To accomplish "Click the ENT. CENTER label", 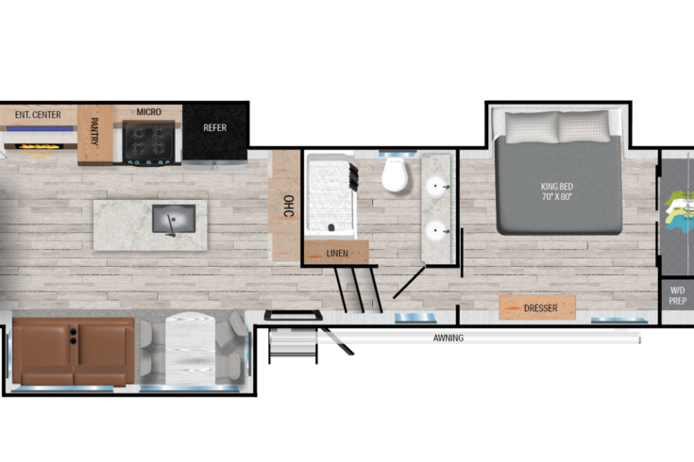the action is (x=38, y=115).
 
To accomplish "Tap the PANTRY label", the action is (x=94, y=131).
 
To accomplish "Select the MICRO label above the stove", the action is (x=149, y=112).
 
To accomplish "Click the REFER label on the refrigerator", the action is (x=214, y=128).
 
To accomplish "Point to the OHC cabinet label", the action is (x=288, y=206).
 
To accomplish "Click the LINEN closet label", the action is (x=337, y=254).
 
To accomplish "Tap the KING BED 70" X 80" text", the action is (x=557, y=191).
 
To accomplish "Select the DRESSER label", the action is (x=540, y=308).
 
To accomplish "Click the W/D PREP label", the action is (x=678, y=296).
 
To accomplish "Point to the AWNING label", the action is (x=449, y=338).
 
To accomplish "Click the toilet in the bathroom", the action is (x=395, y=174).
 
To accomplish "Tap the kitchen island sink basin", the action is (x=174, y=219).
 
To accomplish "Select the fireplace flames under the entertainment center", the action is (x=38, y=146).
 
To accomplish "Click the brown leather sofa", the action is (x=74, y=351).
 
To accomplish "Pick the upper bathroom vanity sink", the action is (x=436, y=185).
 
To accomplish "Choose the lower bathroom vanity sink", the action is (x=436, y=230).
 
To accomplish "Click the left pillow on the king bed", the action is (x=531, y=127).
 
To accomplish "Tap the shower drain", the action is (x=331, y=227).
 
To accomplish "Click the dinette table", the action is (x=191, y=348).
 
